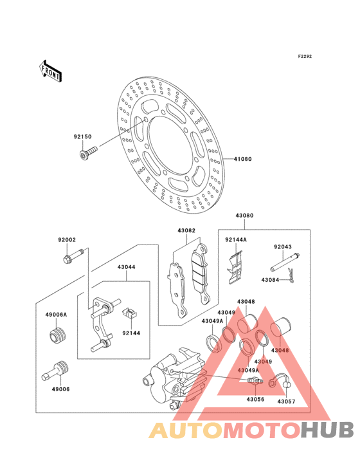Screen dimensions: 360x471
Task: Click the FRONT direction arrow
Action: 50,71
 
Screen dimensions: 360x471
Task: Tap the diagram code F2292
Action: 305,56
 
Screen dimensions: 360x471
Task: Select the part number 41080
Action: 243,159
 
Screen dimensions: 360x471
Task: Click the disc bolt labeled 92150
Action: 89,152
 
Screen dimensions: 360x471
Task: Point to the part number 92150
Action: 82,136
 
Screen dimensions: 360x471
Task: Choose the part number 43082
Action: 186,230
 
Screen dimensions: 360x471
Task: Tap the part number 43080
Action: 244,216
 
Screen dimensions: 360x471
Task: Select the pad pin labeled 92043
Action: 285,261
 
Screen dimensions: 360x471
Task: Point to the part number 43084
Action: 270,280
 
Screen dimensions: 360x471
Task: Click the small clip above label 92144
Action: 130,313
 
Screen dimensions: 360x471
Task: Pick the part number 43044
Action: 126,267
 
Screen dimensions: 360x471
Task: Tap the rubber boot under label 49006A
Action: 57,336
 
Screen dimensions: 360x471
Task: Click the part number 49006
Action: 60,389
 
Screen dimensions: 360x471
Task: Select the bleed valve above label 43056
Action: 255,381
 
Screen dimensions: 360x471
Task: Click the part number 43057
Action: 286,402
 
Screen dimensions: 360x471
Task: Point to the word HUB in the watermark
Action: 327,430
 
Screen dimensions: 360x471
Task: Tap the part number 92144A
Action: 236,240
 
